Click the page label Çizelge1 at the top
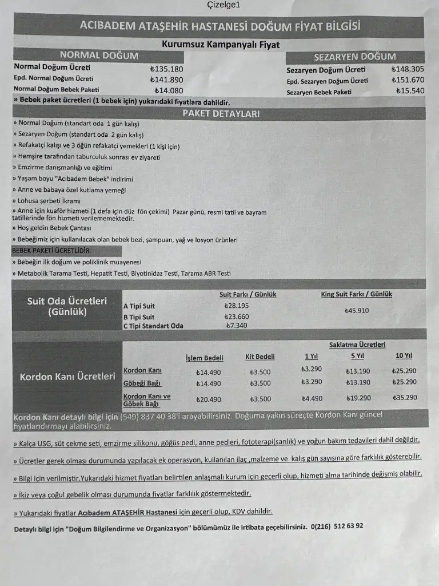pos(224,5)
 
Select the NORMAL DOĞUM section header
pos(99,56)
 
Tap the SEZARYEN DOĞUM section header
pos(354,57)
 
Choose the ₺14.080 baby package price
pos(169,90)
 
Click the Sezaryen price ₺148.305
pos(408,69)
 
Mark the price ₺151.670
pos(408,80)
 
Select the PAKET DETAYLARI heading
pos(221,113)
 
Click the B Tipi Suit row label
pos(139,316)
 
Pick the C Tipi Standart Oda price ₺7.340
pos(237,326)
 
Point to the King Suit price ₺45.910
pos(357,311)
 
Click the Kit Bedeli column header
pos(260,357)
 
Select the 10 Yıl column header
pos(404,356)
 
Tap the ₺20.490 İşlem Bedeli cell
pos(209,399)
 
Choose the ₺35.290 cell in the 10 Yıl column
pos(405,398)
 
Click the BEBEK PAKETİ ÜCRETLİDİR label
pos(51,251)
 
